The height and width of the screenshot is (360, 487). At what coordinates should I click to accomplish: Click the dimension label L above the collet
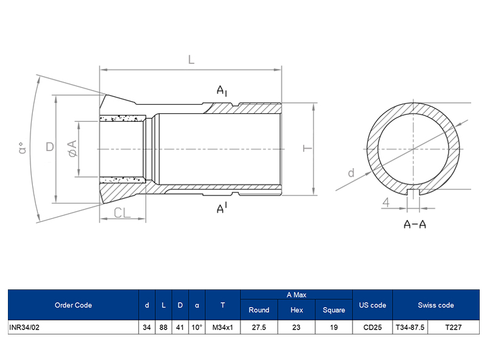pyautogui.click(x=191, y=60)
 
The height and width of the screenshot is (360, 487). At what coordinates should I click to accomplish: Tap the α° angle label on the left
pyautogui.click(x=23, y=148)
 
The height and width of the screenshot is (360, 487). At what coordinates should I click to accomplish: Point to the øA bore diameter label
pyautogui.click(x=71, y=148)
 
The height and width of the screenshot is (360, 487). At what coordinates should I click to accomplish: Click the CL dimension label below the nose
pyautogui.click(x=123, y=213)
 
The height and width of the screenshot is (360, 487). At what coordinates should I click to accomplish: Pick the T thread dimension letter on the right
pyautogui.click(x=308, y=148)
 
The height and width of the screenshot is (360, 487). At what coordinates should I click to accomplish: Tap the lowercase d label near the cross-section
pyautogui.click(x=351, y=173)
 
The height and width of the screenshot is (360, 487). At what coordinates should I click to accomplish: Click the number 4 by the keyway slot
pyautogui.click(x=387, y=202)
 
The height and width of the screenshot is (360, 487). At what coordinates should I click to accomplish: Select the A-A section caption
pyautogui.click(x=415, y=224)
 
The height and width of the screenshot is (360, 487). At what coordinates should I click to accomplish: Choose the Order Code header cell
pyautogui.click(x=73, y=305)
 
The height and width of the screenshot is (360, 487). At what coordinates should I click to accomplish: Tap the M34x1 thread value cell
pyautogui.click(x=223, y=327)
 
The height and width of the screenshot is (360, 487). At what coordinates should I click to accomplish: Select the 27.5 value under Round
pyautogui.click(x=259, y=327)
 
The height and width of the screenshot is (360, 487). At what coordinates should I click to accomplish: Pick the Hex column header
pyautogui.click(x=296, y=310)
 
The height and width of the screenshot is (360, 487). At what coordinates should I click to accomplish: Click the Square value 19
pyautogui.click(x=334, y=327)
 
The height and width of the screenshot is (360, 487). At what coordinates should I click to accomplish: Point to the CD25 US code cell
pyautogui.click(x=373, y=327)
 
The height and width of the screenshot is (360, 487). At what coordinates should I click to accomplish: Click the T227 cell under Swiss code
pyautogui.click(x=454, y=327)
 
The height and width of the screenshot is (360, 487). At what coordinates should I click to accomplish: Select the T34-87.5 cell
pyautogui.click(x=410, y=327)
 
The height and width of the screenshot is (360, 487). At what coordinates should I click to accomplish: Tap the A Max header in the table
pyautogui.click(x=296, y=295)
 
